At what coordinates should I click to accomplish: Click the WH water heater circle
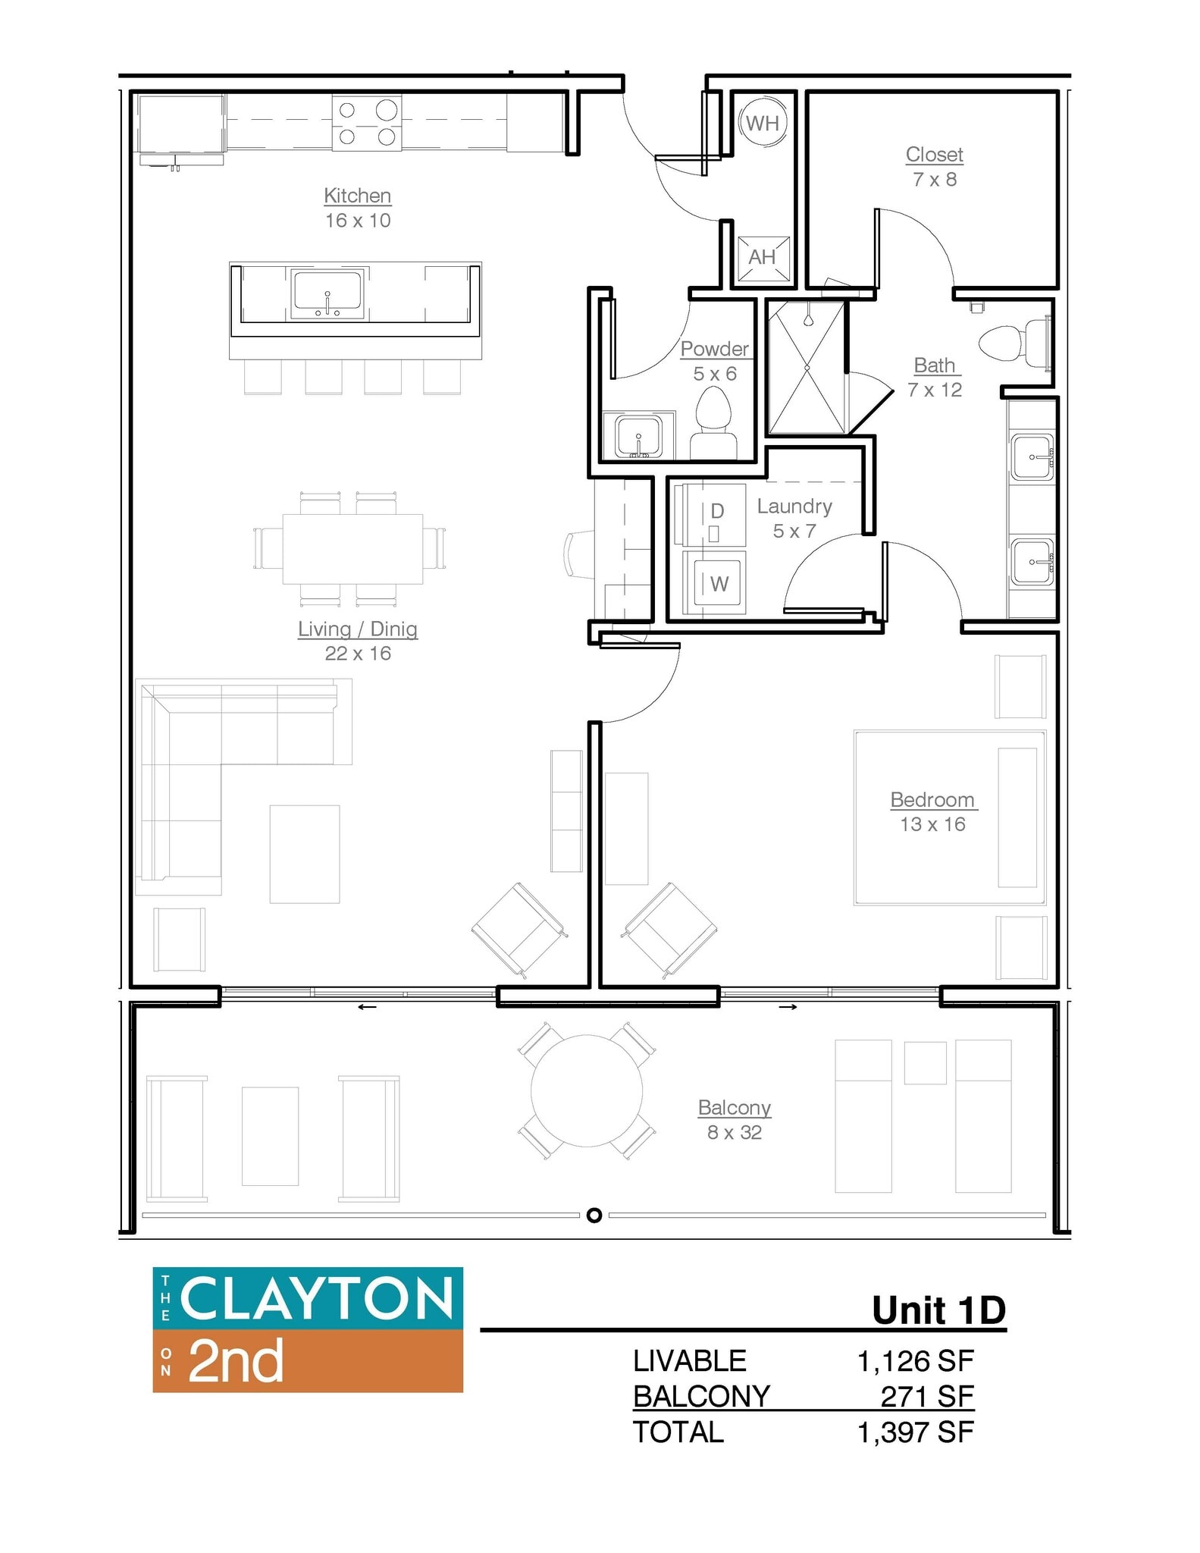762,123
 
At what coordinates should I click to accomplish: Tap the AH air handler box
762,258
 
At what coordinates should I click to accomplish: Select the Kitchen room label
357,196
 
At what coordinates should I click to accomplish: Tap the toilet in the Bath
1013,343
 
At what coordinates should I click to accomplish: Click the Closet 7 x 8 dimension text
934,180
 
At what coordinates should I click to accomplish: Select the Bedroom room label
932,800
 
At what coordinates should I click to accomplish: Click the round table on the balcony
587,1091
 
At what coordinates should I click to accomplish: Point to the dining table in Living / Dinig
352,549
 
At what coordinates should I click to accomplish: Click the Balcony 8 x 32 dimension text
734,1133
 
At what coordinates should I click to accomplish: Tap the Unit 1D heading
938,1311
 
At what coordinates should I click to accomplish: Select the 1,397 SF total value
915,1432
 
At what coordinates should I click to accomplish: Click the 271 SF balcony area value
926,1396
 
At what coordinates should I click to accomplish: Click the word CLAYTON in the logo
316,1299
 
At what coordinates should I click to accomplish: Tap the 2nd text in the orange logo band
236,1361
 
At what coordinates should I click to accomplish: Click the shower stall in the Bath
806,368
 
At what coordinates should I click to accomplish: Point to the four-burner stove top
367,123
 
